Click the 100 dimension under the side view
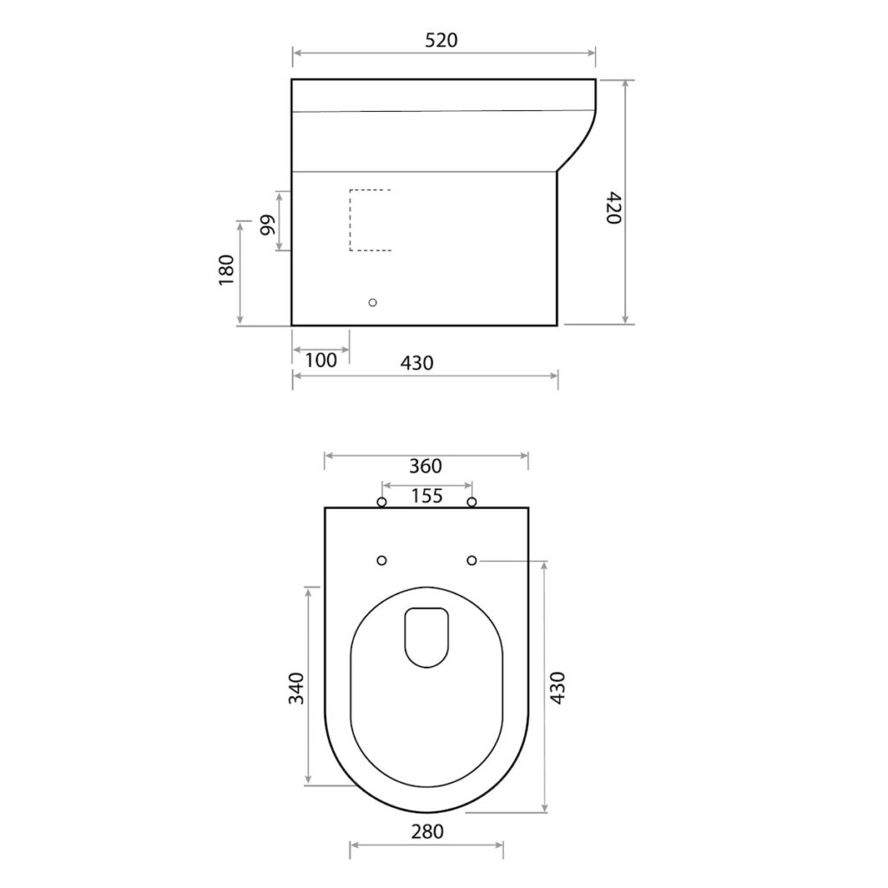321,361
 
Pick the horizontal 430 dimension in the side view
416,363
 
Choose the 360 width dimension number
426,467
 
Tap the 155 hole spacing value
427,496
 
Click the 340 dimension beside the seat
297,688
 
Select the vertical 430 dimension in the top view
558,688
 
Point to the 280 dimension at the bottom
427,832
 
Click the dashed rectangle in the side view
370,219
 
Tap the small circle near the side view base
373,302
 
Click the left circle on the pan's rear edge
382,502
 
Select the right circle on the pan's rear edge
472,502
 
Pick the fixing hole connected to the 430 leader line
472,561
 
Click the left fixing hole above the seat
382,561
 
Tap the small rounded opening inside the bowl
427,637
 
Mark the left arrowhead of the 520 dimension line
296,54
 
